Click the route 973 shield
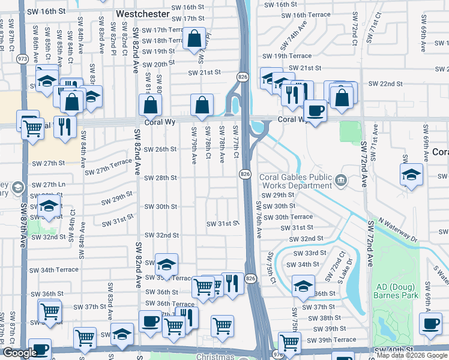(23, 59)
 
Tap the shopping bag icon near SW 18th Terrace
(194, 40)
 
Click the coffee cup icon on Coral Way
(315, 110)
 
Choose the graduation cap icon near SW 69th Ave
(412, 175)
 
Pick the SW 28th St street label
(160, 178)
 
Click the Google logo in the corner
(20, 353)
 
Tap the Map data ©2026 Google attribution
(412, 355)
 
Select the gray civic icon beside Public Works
(340, 179)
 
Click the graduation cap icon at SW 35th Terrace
(166, 263)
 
